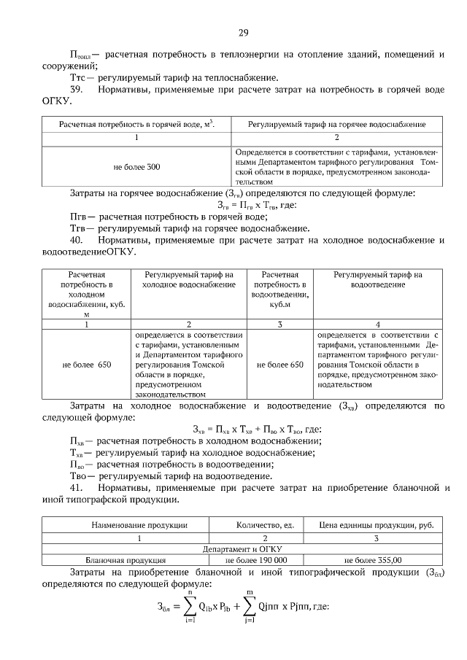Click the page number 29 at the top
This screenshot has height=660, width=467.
coord(244,32)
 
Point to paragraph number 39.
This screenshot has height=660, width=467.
coord(78,88)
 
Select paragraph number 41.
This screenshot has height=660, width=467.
coord(78,486)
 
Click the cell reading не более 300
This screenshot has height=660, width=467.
coord(136,167)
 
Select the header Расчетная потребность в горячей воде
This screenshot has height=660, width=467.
coord(136,125)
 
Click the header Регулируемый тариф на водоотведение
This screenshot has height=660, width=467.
coord(377,279)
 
